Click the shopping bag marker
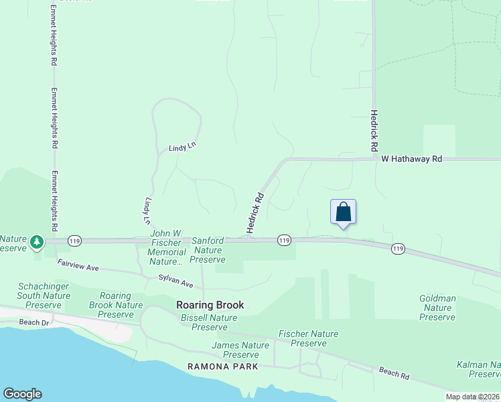pyautogui.click(x=343, y=212)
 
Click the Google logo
pyautogui.click(x=22, y=394)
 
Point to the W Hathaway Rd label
pyautogui.click(x=412, y=159)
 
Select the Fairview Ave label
pyautogui.click(x=78, y=266)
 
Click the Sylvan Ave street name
pyautogui.click(x=176, y=281)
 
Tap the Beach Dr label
pyautogui.click(x=35, y=322)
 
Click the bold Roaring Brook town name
pyautogui.click(x=210, y=305)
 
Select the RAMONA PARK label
pyautogui.click(x=222, y=366)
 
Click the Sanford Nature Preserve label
pyautogui.click(x=208, y=249)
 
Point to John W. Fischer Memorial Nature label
pyautogui.click(x=167, y=247)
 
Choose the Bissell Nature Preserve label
pyautogui.click(x=209, y=322)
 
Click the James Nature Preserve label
pyautogui.click(x=240, y=350)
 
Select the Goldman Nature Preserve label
pyautogui.click(x=437, y=308)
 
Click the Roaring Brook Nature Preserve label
pyautogui.click(x=121, y=305)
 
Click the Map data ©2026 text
pyautogui.click(x=473, y=397)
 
